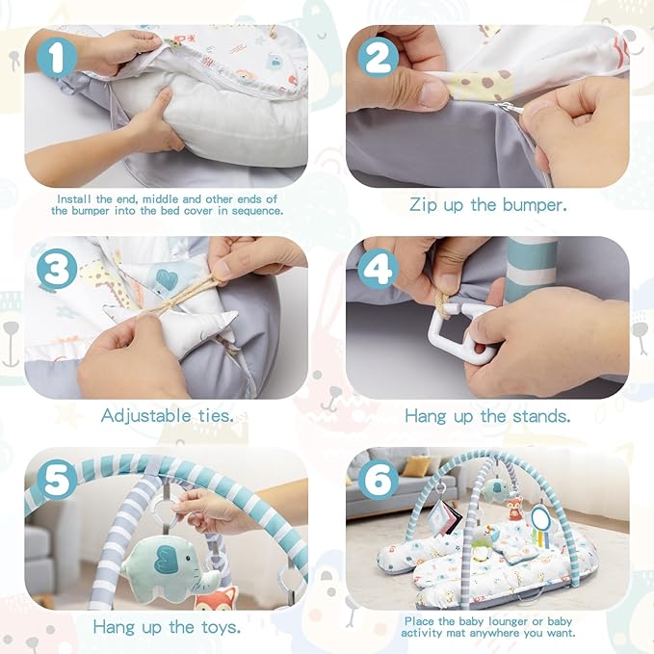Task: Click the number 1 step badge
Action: coord(58,57)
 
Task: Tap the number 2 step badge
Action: coord(378,57)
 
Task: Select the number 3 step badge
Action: coord(58,271)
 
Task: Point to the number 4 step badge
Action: coord(378,270)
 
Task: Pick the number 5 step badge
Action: coord(58,479)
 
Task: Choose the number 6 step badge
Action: coord(378,479)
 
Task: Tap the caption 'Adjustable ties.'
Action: coord(167,416)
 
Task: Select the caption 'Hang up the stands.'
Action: coord(487,416)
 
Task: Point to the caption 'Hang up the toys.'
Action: coord(167,627)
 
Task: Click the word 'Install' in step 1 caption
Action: coord(74,198)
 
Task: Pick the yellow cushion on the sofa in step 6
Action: coord(417,466)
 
